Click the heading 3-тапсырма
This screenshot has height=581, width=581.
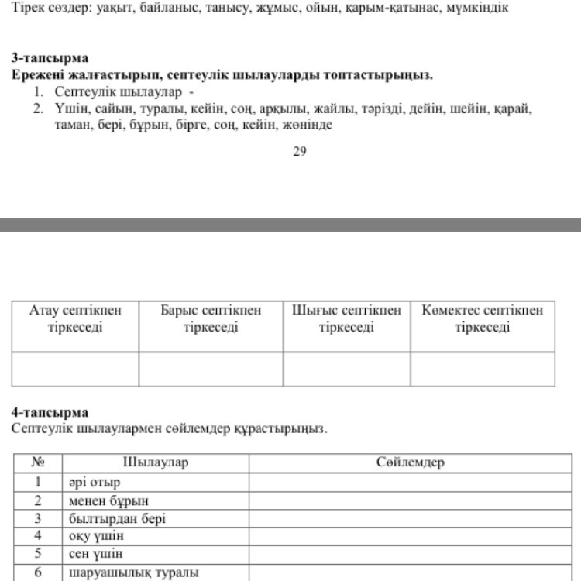point(50,58)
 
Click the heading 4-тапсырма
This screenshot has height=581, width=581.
point(50,412)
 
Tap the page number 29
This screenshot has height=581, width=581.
point(300,152)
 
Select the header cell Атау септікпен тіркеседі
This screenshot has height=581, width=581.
point(75,318)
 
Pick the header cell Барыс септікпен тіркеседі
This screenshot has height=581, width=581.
point(211,318)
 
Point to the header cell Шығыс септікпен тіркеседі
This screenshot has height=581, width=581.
point(346,318)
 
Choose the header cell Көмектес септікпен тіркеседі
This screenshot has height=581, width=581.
point(483,318)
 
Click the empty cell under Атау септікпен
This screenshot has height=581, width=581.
point(75,369)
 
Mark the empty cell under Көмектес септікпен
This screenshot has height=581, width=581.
point(483,369)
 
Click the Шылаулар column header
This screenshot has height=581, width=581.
point(156,462)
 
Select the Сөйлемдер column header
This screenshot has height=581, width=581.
point(411,462)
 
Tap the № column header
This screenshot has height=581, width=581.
point(38,462)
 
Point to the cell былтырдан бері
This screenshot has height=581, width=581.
point(117,518)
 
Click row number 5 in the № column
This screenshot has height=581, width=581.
point(38,555)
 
